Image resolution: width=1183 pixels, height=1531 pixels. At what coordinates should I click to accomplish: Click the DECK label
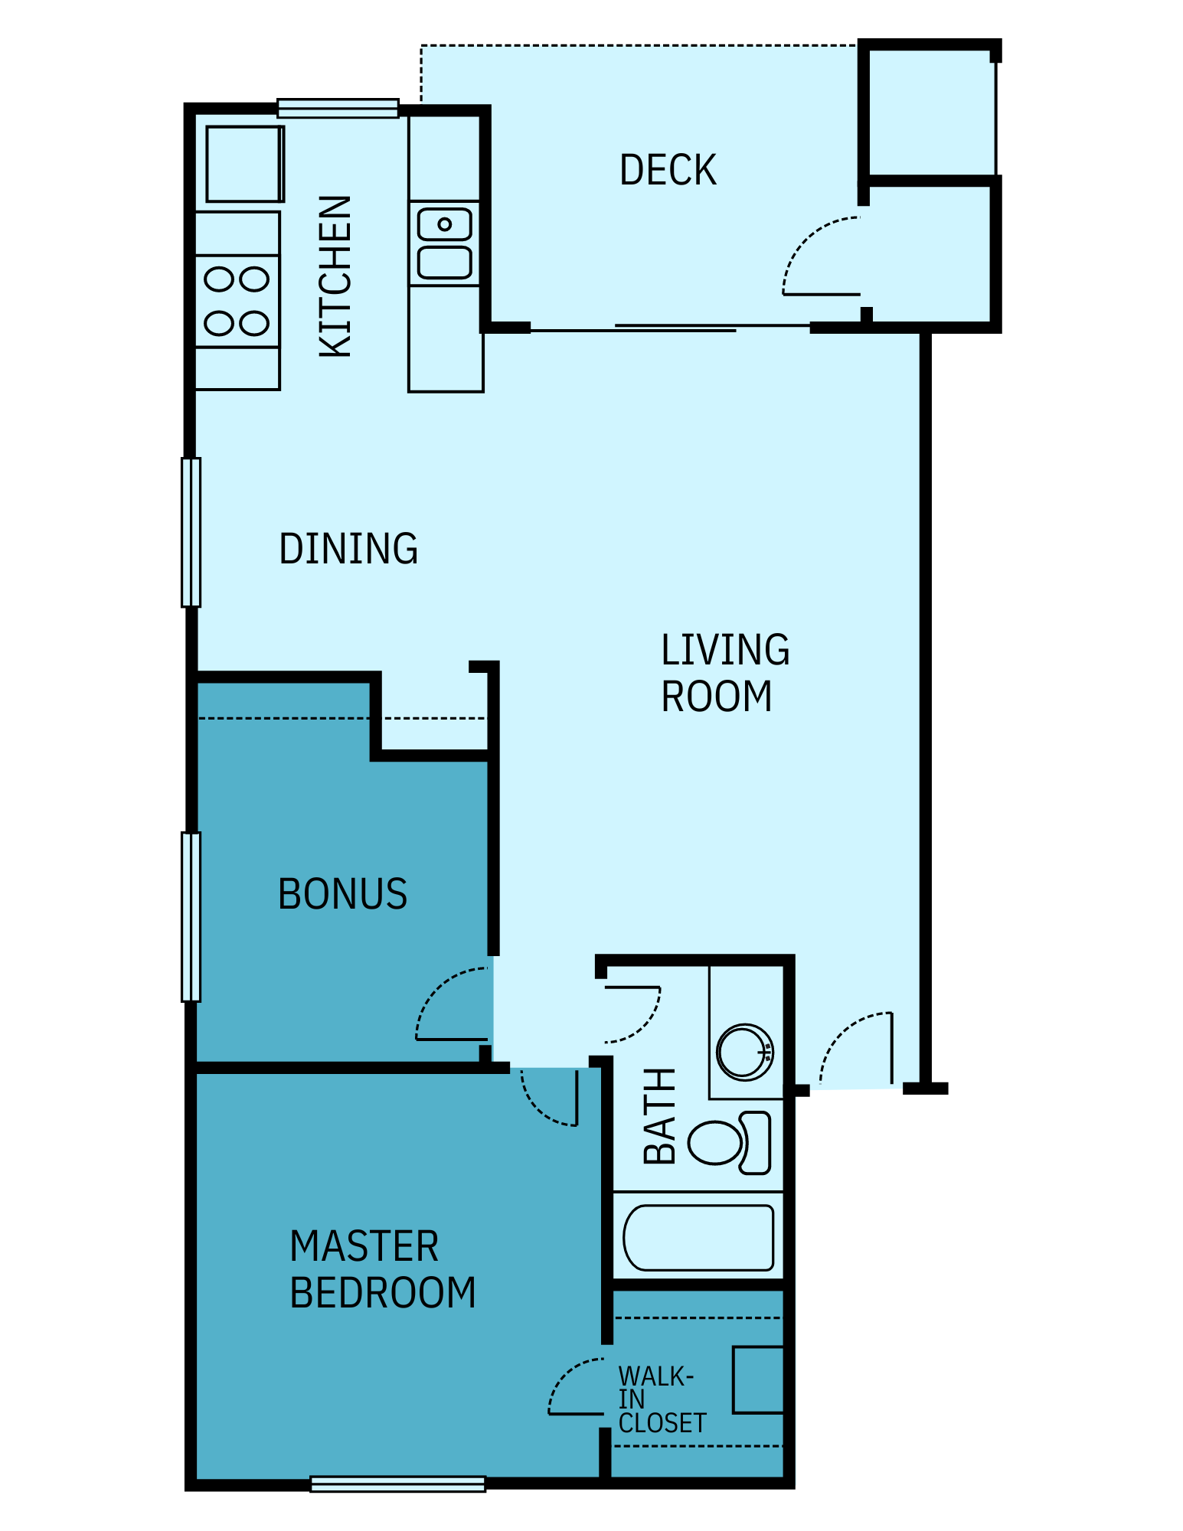pos(668,170)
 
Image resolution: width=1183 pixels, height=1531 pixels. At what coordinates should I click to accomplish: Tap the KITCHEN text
pos(335,276)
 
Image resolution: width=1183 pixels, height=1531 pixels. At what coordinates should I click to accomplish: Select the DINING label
pos(348,549)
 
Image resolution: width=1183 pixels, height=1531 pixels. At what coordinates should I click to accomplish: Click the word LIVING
pos(725,650)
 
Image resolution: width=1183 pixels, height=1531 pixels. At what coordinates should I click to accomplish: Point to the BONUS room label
pos(342,894)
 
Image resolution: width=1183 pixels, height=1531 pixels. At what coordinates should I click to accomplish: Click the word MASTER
pos(364,1246)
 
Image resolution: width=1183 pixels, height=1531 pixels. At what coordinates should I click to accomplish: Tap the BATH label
pos(659,1116)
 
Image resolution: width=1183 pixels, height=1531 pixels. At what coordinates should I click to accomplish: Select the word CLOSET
pos(662,1424)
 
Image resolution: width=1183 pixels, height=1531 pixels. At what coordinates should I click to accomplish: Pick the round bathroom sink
pos(744,1052)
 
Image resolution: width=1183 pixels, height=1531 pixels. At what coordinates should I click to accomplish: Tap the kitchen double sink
pos(444,243)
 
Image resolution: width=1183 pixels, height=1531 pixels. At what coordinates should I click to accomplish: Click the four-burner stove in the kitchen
pos(237,302)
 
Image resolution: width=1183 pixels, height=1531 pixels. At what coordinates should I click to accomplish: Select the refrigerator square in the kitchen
pos(243,164)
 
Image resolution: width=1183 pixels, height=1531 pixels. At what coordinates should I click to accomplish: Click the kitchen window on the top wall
pos(338,108)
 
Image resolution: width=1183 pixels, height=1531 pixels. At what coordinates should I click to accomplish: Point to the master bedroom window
pos(397,1484)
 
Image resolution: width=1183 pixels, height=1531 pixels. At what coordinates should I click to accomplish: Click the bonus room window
pos(191,916)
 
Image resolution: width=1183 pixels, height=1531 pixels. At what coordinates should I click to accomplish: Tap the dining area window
pos(191,532)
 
